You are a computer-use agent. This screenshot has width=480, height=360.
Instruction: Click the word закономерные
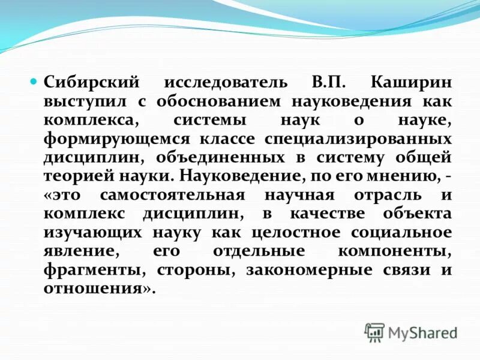click(310, 269)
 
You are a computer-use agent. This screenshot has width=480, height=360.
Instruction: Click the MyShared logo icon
click(374, 332)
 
